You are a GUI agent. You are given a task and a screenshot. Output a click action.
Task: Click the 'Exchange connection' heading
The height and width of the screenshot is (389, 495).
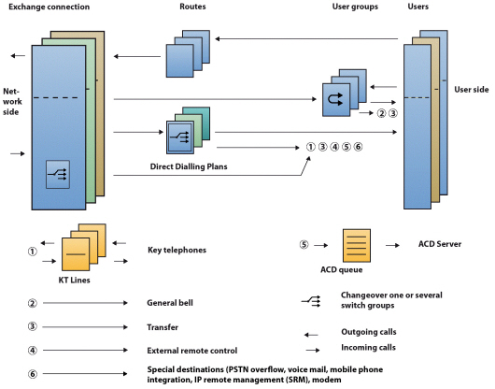49,7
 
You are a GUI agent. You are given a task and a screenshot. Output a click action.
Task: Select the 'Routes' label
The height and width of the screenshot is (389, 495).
192,7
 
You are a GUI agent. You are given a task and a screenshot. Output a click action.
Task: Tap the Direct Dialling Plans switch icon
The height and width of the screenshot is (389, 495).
181,137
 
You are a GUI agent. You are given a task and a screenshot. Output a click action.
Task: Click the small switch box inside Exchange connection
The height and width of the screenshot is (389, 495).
57,173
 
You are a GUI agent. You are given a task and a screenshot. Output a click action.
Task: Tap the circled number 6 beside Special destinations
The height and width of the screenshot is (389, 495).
33,373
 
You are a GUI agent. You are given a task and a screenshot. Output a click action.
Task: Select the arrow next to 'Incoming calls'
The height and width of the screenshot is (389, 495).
308,347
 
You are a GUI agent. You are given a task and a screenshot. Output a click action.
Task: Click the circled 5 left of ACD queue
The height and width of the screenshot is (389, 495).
303,245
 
